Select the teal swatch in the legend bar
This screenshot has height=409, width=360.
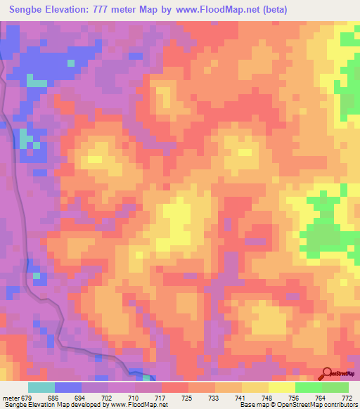(x=41, y=387)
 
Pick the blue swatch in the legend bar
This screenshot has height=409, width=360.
(x=68, y=387)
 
